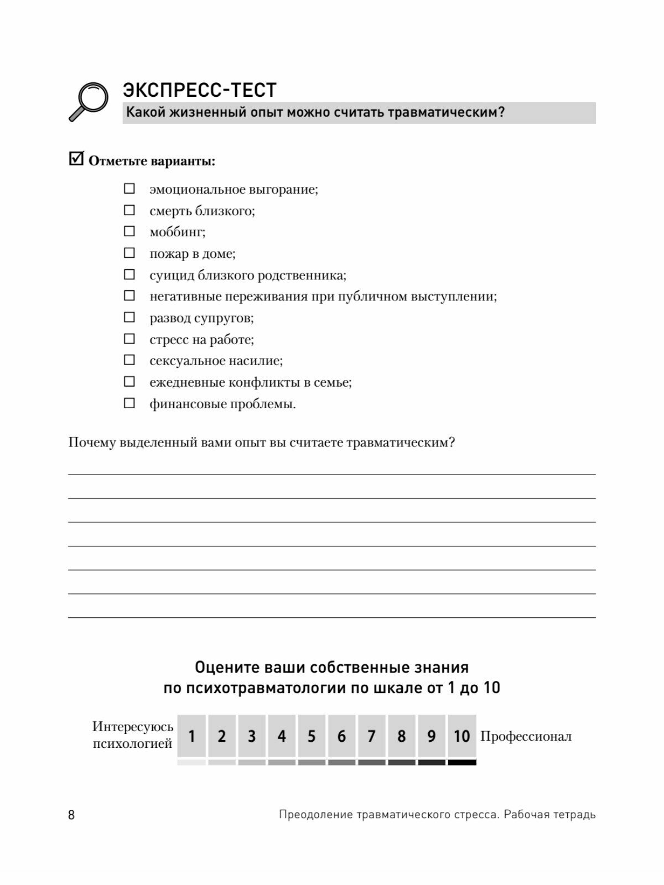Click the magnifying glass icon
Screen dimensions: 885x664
89,101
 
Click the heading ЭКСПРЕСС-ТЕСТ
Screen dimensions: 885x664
200,90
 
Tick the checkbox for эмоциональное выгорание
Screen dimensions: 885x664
129,189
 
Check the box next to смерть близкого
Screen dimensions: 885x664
129,211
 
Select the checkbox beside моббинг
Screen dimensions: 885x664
129,232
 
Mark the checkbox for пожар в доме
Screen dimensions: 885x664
129,253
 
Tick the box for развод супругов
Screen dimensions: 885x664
129,317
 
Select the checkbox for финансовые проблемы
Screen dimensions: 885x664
129,403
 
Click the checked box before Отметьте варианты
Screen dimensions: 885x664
76,159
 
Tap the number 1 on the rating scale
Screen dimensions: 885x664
191,736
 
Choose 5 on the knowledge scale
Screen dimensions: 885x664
312,736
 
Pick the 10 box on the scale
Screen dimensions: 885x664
462,736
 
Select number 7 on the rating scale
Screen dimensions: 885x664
371,736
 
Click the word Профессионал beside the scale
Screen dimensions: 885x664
526,736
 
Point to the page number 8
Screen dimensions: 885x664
71,815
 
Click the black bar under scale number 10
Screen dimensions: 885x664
462,762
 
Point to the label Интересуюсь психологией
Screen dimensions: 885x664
133,735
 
